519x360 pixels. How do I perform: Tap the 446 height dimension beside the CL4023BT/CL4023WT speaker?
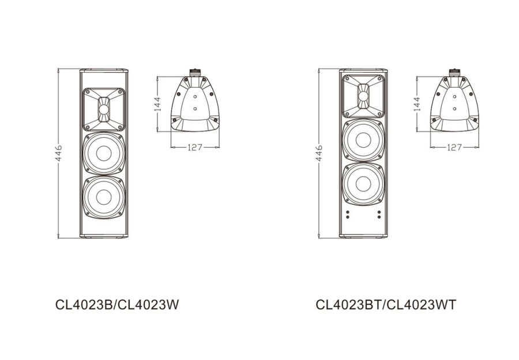click(319, 153)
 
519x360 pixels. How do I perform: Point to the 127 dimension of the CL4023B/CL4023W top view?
click(195, 147)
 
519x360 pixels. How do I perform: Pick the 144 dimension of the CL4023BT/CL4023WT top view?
click(418, 104)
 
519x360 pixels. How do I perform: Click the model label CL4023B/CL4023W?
click(118, 305)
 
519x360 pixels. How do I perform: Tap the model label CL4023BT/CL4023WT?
click(386, 305)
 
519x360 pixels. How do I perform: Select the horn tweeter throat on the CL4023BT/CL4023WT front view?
click(363, 96)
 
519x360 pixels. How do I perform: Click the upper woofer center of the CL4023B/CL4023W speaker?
click(103, 153)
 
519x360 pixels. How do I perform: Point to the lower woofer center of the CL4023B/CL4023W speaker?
click(103, 196)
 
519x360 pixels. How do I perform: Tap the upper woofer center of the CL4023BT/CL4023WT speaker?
click(363, 140)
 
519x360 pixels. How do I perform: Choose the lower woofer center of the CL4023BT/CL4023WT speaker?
click(363, 183)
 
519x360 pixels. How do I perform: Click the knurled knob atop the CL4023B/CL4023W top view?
click(195, 72)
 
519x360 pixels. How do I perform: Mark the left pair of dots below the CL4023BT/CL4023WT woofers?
click(347, 214)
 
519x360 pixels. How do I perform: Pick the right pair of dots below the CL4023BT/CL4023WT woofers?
click(379, 214)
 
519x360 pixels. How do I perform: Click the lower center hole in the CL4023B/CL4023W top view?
click(195, 108)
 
